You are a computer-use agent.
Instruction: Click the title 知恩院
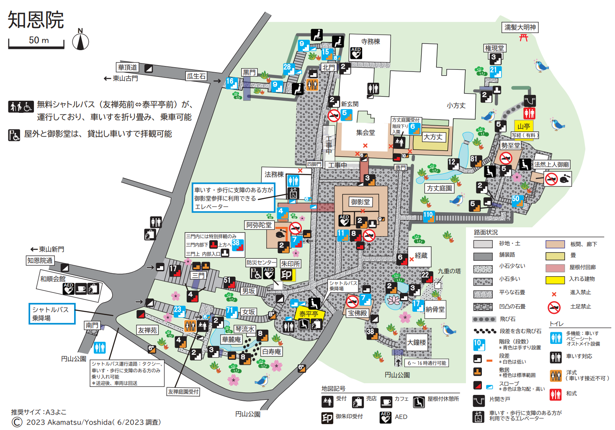coord(36,20)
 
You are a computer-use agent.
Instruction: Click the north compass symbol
coord(80,41)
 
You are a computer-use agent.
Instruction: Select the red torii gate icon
coord(523,38)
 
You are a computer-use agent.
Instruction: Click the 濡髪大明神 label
coord(520,28)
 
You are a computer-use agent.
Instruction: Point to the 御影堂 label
coord(360,202)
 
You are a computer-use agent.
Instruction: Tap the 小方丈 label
coord(456,106)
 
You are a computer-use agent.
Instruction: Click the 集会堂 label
coord(365,132)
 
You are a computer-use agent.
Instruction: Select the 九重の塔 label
coord(449,271)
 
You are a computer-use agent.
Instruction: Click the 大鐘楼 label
coord(417,343)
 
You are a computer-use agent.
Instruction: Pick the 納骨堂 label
coord(435,309)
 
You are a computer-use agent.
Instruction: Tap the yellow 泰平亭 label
coord(309,314)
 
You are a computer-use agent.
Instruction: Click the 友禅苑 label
coord(147,330)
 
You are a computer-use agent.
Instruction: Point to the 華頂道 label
coord(127,67)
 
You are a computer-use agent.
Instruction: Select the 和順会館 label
coord(53,279)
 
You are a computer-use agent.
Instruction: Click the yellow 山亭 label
coord(523,126)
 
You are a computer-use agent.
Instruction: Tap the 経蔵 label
coord(421,255)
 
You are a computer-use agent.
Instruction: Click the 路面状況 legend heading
coord(486,232)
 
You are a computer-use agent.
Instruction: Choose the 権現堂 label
coord(494,48)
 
